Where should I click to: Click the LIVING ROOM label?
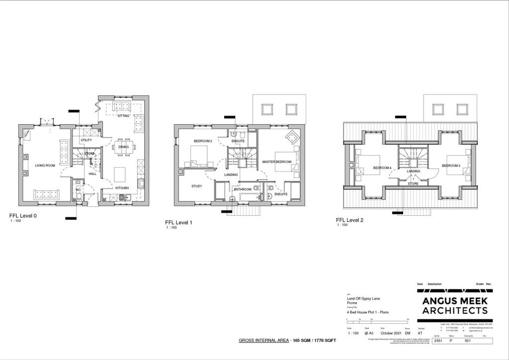pos(45,165)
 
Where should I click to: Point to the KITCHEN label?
pos(122,188)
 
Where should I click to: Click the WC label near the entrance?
pos(78,189)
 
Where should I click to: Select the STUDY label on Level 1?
pos(197,186)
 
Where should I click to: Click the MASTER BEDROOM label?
pos(276,162)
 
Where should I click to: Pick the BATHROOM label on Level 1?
pos(243,189)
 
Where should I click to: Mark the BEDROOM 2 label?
pos(203,141)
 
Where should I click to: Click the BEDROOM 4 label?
pos(382,168)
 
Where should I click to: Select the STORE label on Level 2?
pos(414,183)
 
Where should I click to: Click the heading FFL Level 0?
pos(23,216)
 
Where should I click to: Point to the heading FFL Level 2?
pos(349,219)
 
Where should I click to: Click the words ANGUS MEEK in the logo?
pos(455,301)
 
